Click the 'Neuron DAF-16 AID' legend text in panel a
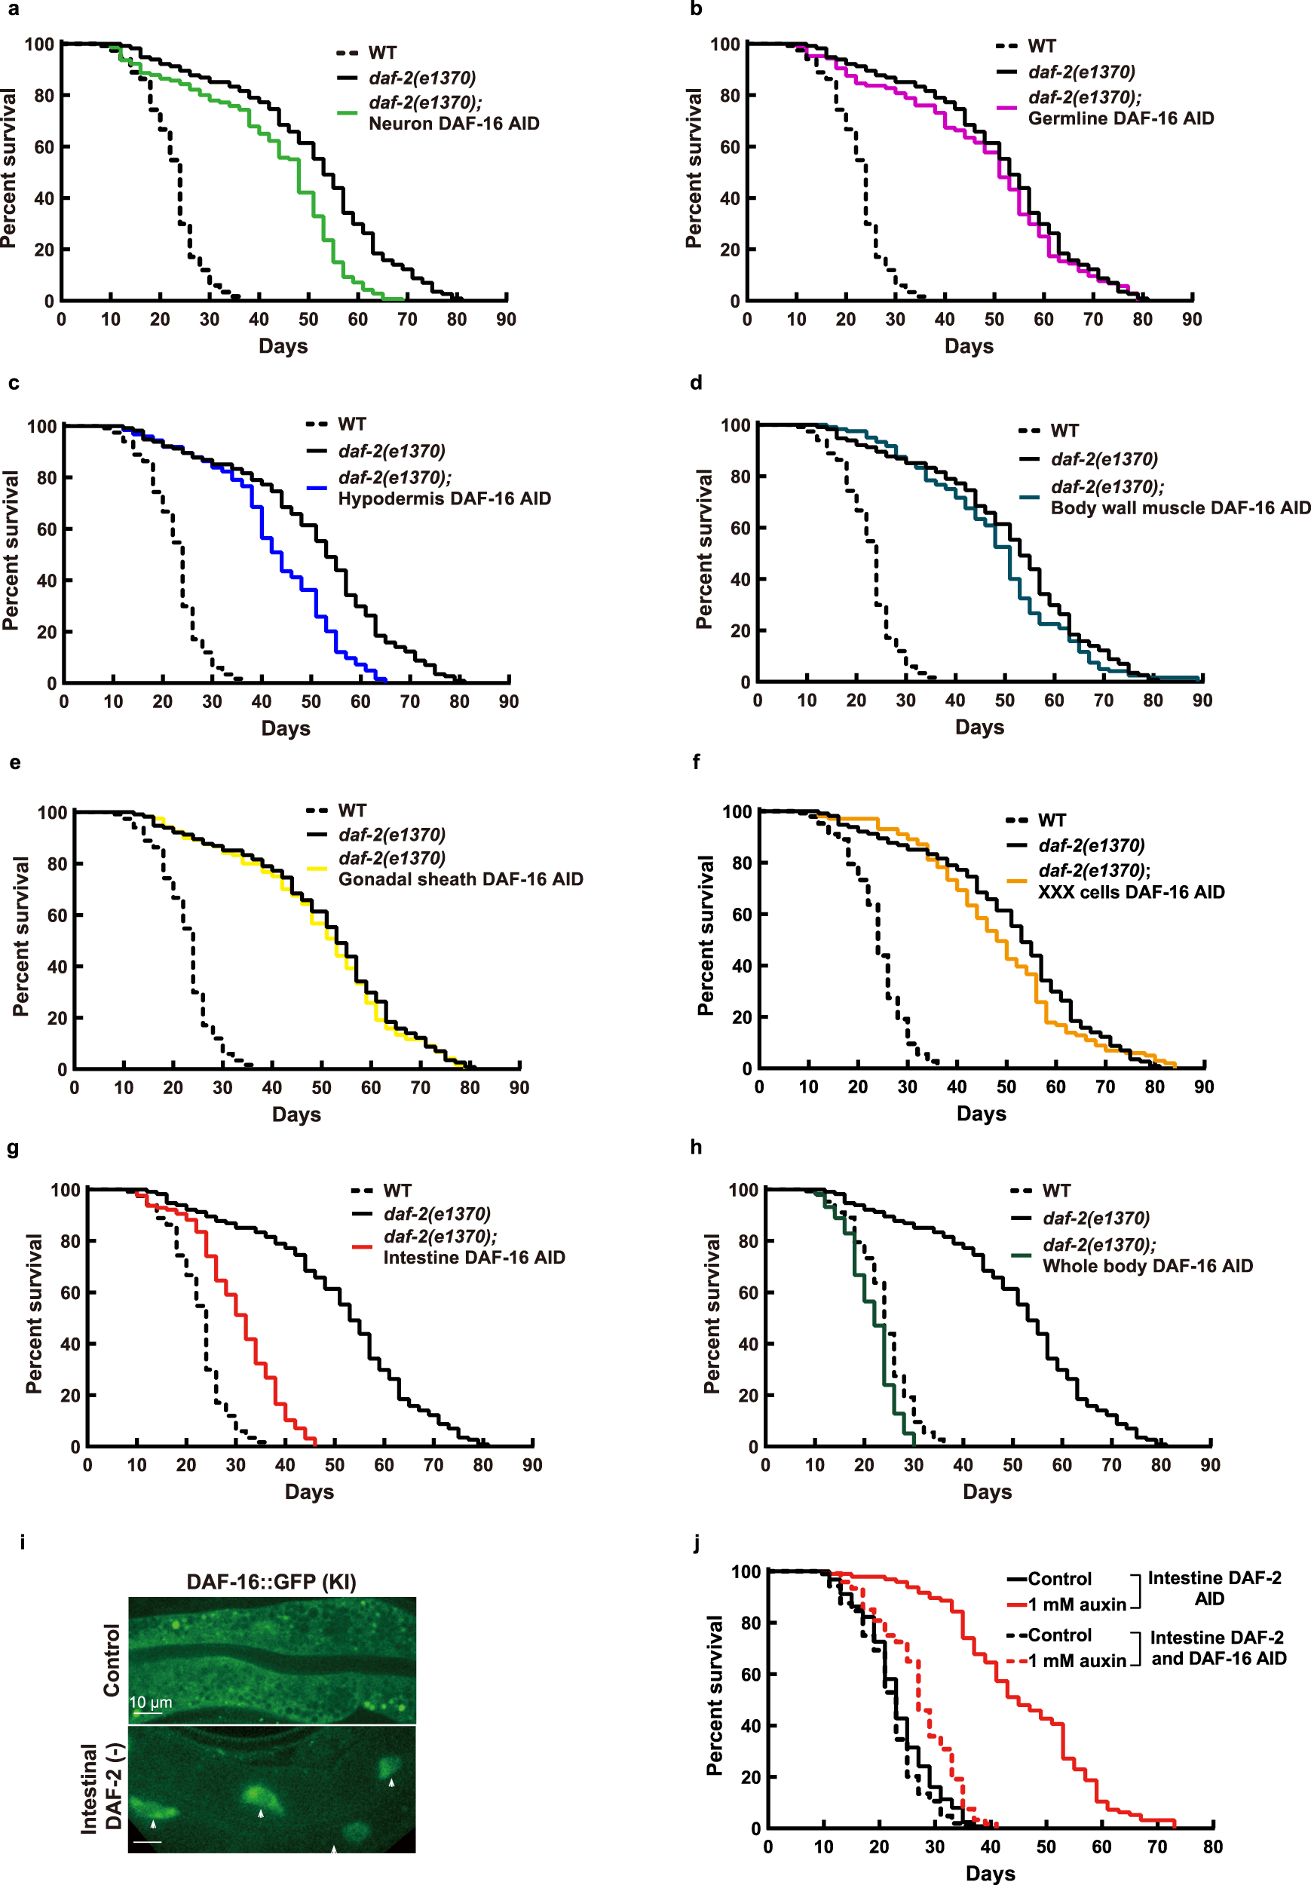453,124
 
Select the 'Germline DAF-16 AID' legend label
1120,119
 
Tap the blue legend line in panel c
317,489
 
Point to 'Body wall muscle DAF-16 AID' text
1180,508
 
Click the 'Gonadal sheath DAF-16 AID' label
461,879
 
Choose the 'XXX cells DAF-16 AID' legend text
1130,893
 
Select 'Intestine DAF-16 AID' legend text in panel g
473,1258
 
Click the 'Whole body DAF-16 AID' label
1147,1266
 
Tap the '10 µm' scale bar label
151,1702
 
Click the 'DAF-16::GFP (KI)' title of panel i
271,1582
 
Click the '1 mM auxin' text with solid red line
1077,1605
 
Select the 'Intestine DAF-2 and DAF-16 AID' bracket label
1218,1648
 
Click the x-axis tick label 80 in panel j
1211,1847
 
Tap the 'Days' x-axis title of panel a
283,346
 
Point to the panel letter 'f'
696,762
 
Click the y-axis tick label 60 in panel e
57,915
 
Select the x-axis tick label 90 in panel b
1191,320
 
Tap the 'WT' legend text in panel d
1064,431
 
